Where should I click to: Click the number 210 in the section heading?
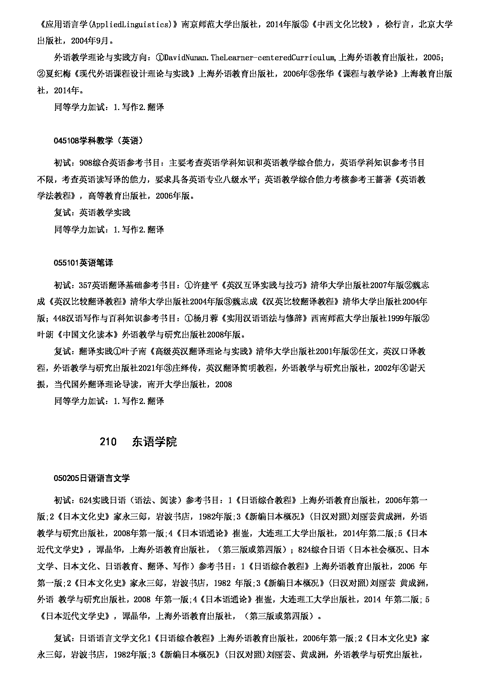point(108,442)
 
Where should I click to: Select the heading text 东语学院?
point(154,442)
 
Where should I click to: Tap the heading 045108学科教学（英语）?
point(98,141)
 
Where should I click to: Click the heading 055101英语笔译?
point(84,263)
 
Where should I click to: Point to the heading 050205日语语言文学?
point(92,478)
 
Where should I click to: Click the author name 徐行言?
point(396,24)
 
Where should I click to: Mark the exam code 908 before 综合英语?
point(85,163)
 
